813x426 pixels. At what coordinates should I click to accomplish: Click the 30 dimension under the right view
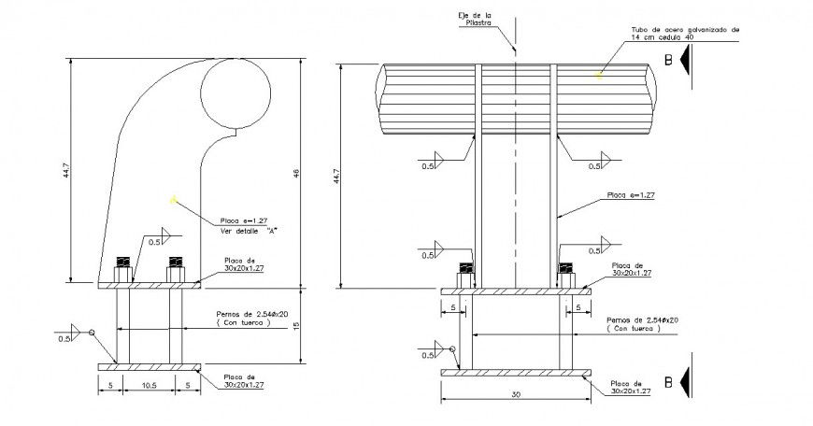[516, 395]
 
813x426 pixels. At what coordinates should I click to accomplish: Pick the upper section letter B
[668, 59]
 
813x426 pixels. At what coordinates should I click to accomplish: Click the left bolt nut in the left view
[122, 271]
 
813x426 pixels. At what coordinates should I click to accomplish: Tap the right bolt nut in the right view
[565, 277]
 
